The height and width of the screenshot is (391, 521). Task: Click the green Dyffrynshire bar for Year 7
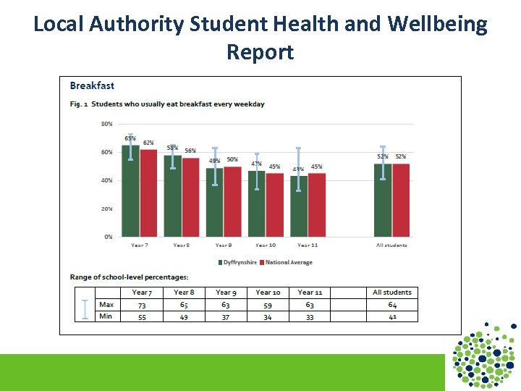pyautogui.click(x=130, y=192)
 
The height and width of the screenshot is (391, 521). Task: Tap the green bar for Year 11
pyautogui.click(x=298, y=206)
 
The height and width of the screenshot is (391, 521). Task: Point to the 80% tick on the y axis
pyautogui.click(x=106, y=124)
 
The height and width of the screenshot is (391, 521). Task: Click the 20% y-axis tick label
pyautogui.click(x=106, y=209)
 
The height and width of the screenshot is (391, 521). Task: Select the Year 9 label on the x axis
pyautogui.click(x=224, y=245)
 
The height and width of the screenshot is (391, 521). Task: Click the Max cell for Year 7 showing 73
pyautogui.click(x=142, y=305)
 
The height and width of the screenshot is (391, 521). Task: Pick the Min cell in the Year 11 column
pyautogui.click(x=310, y=316)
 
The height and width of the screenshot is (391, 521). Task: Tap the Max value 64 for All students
pyautogui.click(x=391, y=305)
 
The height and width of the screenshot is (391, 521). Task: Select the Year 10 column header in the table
pyautogui.click(x=268, y=293)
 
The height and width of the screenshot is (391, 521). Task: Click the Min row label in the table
pyautogui.click(x=106, y=316)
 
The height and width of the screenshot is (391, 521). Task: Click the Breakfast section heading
pyautogui.click(x=92, y=86)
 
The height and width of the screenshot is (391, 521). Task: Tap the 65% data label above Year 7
pyautogui.click(x=130, y=138)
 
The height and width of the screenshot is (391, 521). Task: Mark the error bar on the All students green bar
pyautogui.click(x=383, y=163)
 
